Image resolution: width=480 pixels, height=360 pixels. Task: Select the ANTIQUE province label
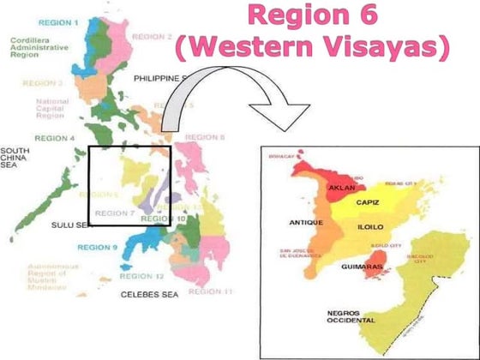click(x=305, y=223)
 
